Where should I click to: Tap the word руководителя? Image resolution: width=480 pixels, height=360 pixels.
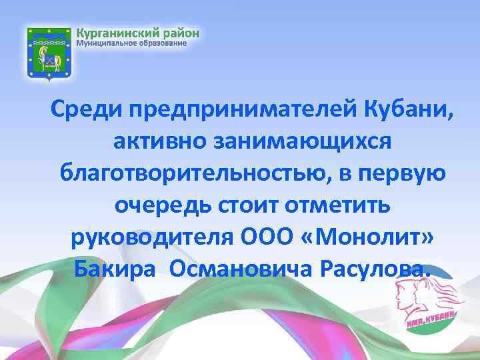(x=147, y=237)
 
